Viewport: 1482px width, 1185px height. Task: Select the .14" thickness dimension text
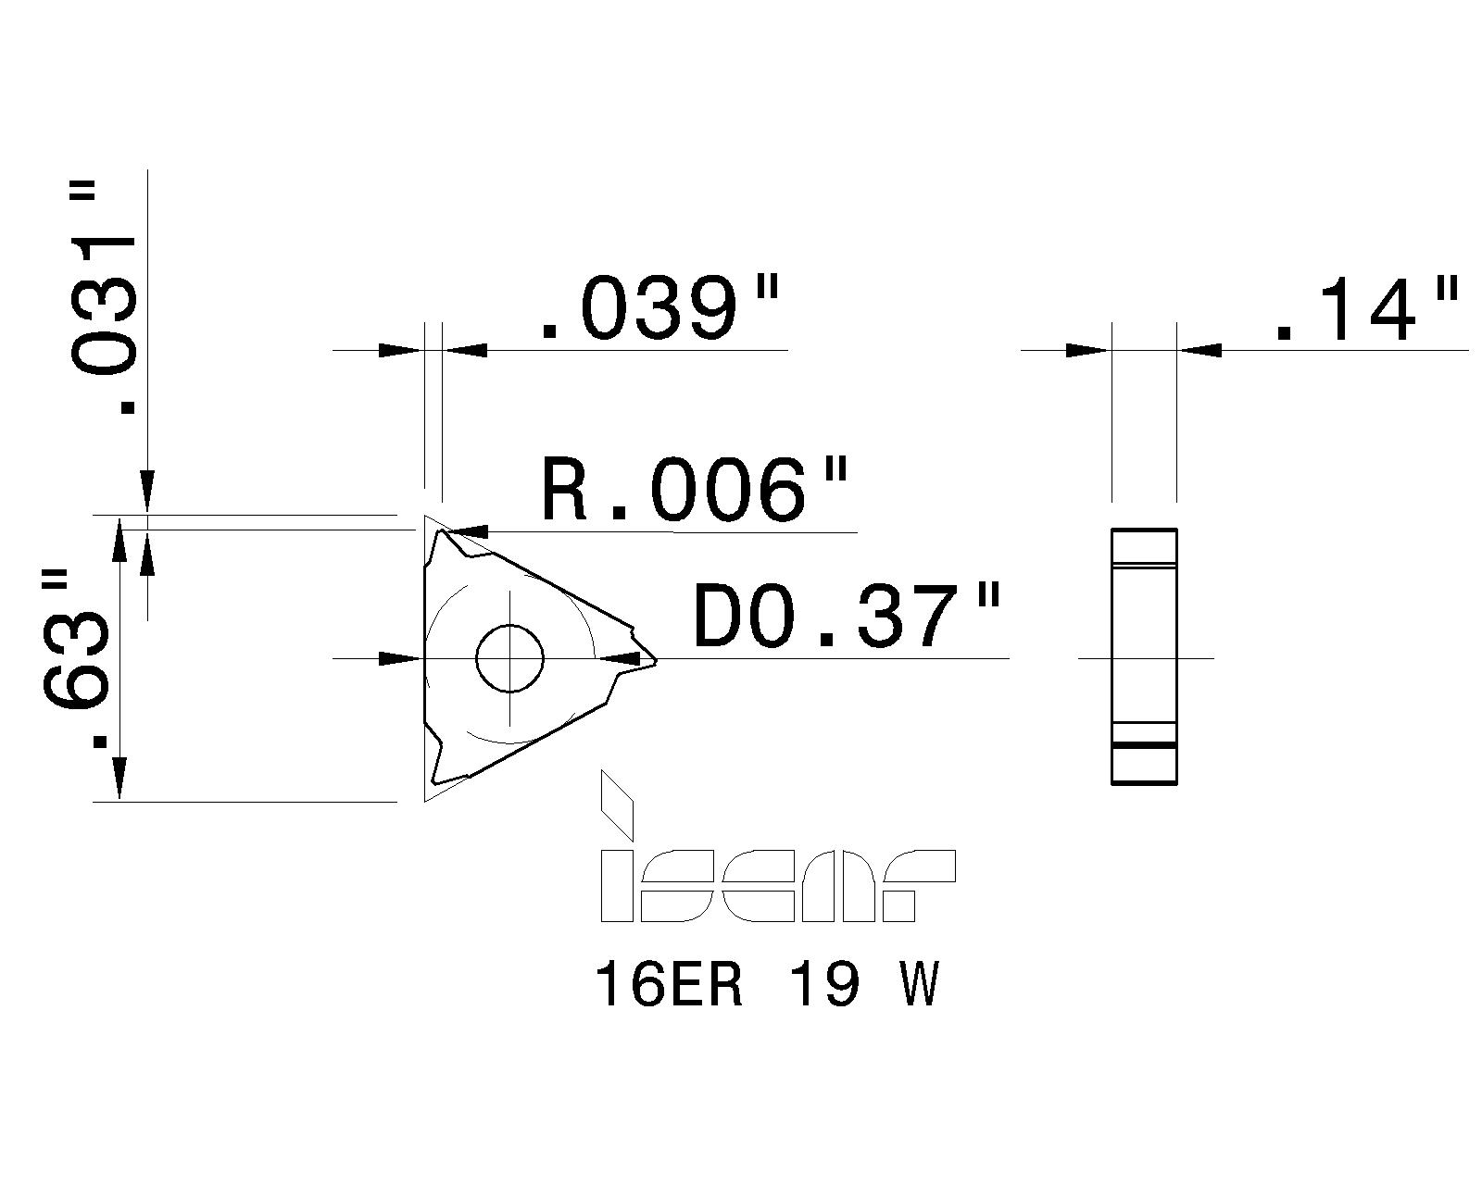coord(1365,308)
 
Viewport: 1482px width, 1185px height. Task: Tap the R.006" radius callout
coord(693,488)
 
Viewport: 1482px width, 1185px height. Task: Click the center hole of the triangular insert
coord(509,659)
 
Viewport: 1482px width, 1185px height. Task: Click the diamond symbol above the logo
coord(617,804)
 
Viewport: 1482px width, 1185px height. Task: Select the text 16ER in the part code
coord(669,983)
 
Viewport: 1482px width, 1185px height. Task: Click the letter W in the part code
coord(920,983)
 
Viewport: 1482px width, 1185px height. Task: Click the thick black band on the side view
coord(1144,744)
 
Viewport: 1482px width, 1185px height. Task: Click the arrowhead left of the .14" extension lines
coord(1087,350)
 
